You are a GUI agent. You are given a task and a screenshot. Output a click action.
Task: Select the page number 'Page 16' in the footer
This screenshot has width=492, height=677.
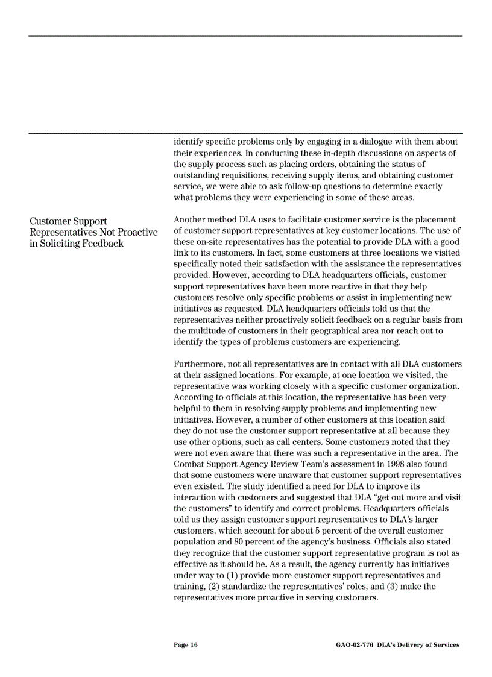click(185, 645)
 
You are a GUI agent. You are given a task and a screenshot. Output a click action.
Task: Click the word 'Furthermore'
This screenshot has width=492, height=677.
click(200, 364)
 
